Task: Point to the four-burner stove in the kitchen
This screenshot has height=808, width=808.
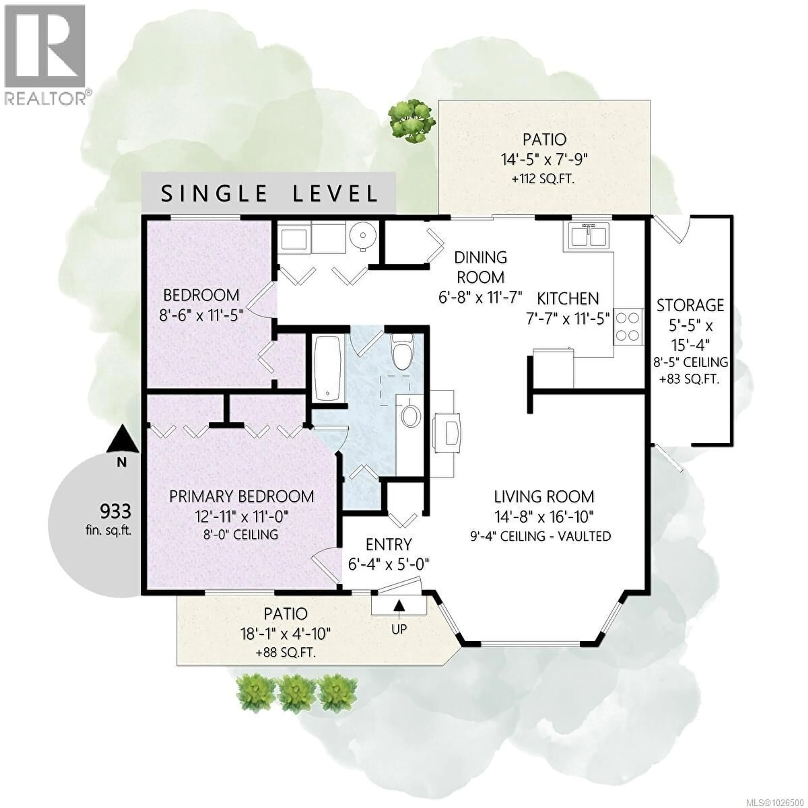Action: (x=628, y=327)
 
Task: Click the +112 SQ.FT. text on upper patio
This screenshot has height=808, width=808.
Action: (x=543, y=180)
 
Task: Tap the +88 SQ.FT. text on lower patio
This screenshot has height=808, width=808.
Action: (x=286, y=653)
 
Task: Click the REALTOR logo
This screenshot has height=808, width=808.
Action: (x=45, y=54)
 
